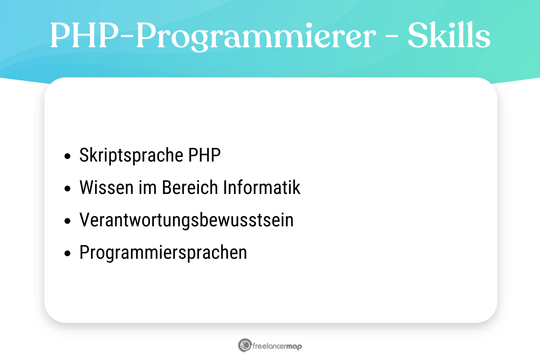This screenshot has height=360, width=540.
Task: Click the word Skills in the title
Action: click(x=449, y=36)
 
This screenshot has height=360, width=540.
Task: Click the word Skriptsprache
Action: click(x=129, y=156)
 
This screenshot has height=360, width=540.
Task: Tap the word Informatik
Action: click(x=262, y=188)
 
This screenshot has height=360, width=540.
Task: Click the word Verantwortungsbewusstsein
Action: click(x=186, y=220)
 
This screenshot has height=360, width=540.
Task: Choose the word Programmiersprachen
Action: click(x=163, y=252)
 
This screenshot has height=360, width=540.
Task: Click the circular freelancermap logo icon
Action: click(x=245, y=345)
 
